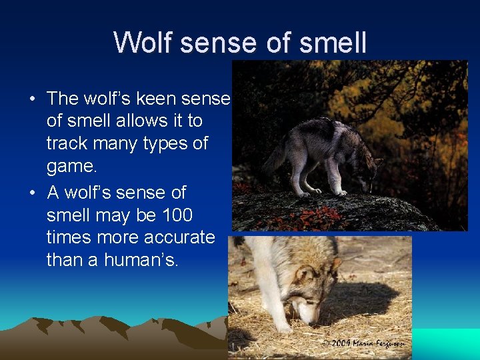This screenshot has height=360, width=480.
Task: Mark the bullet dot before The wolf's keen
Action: [32, 99]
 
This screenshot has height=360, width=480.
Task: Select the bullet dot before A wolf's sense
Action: [32, 193]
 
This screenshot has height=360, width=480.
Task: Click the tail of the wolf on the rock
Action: [274, 157]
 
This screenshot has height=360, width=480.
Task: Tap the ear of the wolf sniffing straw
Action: [307, 273]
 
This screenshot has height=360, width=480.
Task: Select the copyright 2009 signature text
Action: [363, 343]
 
